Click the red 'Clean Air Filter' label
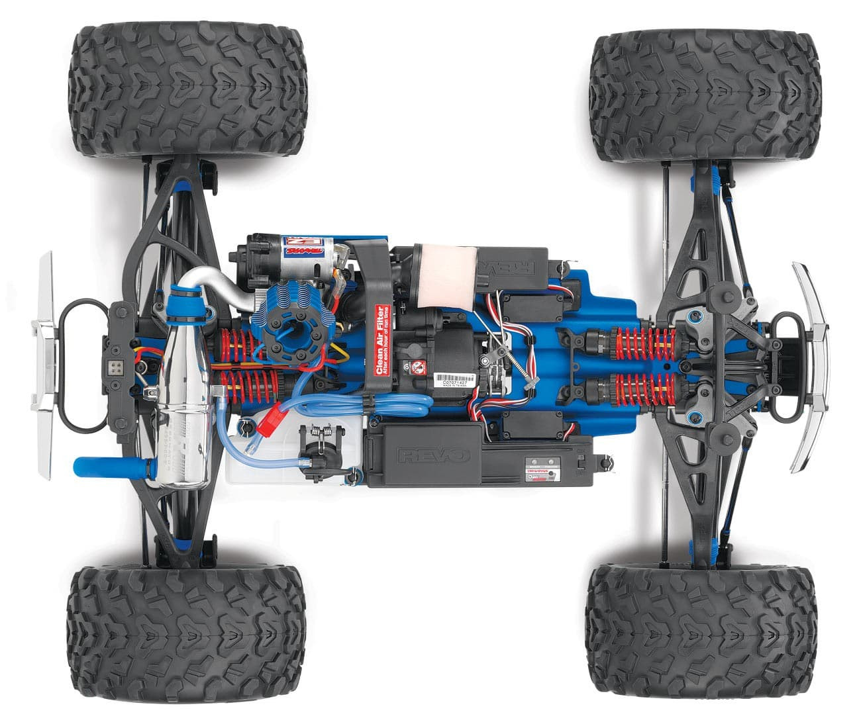pos(381,340)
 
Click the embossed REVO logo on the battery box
pos(434,455)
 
